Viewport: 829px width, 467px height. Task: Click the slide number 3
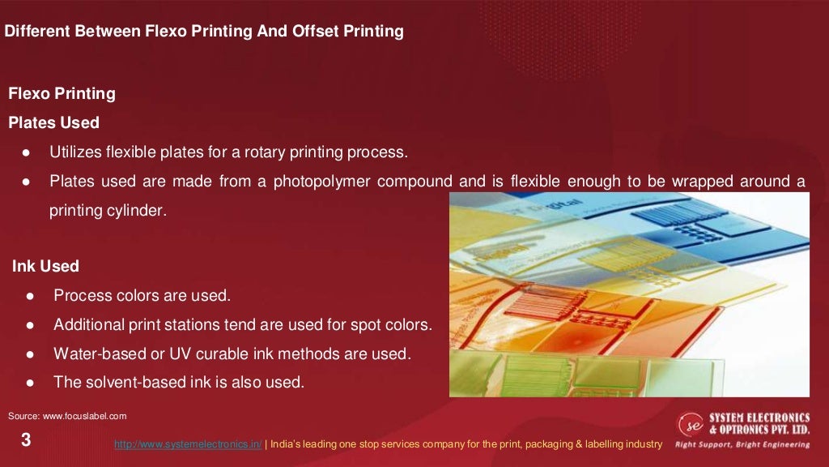point(26,441)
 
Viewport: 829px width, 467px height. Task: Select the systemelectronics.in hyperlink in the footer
point(188,444)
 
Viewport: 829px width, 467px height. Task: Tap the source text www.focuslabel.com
point(68,416)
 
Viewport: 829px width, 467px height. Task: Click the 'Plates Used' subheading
point(53,123)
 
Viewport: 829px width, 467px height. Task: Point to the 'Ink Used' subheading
point(45,266)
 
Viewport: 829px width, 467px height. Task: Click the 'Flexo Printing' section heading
point(62,94)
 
